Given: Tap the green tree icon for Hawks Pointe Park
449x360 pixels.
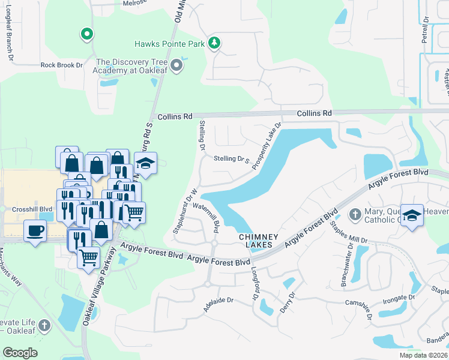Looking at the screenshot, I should pyautogui.click(x=214, y=43).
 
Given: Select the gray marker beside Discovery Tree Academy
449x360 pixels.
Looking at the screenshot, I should pyautogui.click(x=176, y=65).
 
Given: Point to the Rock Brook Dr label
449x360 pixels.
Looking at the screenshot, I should pyautogui.click(x=61, y=65).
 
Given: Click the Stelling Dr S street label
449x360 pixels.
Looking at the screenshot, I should pyautogui.click(x=231, y=160).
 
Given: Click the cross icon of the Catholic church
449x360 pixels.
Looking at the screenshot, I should pyautogui.click(x=355, y=214).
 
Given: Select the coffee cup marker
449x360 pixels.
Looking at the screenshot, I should pyautogui.click(x=35, y=229).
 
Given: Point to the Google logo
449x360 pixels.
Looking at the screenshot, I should pyautogui.click(x=20, y=353).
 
